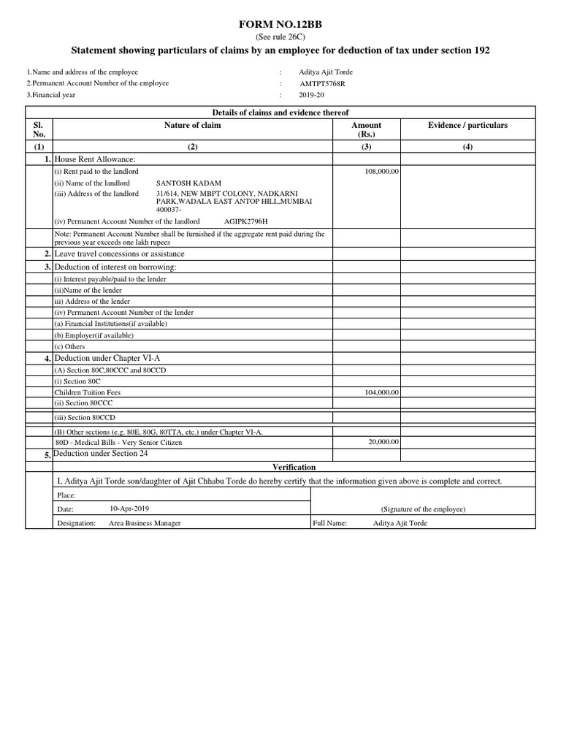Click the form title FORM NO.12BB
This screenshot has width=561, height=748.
click(280, 25)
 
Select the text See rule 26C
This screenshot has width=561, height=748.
click(280, 37)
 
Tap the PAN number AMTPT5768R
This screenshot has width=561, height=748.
click(323, 84)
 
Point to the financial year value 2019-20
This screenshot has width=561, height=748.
click(313, 95)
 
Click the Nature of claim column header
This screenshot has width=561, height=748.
click(193, 126)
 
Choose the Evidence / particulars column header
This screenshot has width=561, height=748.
click(467, 126)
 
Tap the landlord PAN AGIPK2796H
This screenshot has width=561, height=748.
click(246, 221)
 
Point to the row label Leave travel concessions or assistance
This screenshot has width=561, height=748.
click(120, 254)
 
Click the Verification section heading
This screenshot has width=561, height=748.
click(294, 467)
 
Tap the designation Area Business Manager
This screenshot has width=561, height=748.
click(145, 524)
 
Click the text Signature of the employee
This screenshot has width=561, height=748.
click(423, 509)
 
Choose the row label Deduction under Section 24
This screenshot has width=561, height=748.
click(107, 454)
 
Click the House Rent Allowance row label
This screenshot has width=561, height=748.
click(95, 159)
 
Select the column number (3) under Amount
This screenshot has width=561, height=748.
click(366, 147)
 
